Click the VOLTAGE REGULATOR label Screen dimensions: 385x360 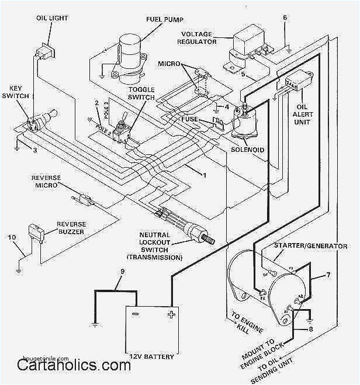196,37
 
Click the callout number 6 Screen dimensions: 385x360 285,18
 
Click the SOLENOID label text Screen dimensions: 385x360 248,150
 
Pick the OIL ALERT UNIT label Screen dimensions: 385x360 310,115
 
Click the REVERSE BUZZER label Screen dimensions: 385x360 71,227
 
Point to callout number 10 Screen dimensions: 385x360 12,237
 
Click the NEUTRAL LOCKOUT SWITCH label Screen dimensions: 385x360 154,245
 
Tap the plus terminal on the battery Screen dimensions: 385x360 171,314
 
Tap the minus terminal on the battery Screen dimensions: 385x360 136,314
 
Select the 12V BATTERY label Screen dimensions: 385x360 152,355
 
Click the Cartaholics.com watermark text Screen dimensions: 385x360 73,367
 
